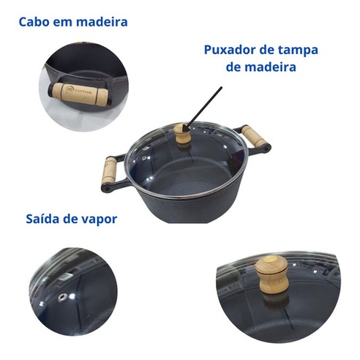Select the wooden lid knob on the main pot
(182, 134)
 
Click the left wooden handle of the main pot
(110, 170)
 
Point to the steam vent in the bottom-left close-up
(62, 297)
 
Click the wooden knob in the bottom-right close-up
(271, 274)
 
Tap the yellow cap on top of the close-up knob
(271, 259)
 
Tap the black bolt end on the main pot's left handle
(106, 189)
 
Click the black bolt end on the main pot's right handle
(267, 147)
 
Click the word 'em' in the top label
(63, 23)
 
